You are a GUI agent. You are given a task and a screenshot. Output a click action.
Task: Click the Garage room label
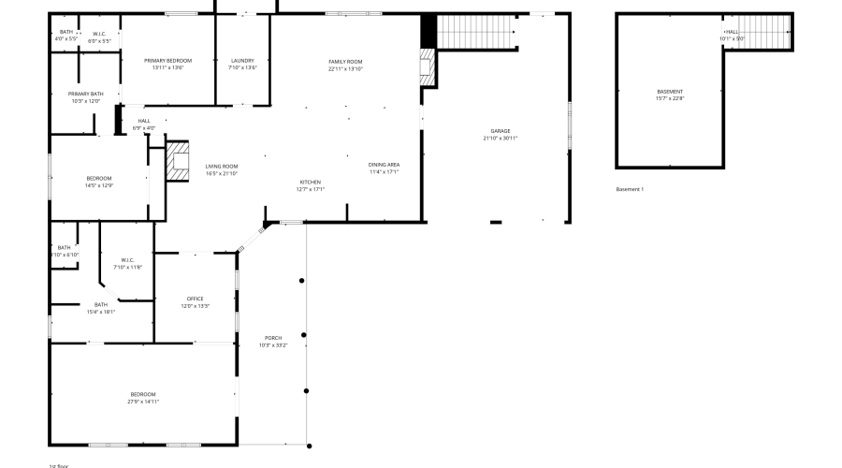pos(500,131)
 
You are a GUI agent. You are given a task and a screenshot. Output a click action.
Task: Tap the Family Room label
pos(345,62)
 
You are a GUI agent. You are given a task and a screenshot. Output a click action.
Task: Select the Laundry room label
pos(242,61)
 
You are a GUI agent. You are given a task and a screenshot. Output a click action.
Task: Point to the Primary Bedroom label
pos(167,61)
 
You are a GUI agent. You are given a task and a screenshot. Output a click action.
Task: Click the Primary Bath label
pos(85,94)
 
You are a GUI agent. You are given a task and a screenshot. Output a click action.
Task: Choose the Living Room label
pos(222,166)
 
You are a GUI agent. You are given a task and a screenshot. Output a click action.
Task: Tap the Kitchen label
pos(311,182)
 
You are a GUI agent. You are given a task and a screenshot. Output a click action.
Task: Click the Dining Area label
pos(384,165)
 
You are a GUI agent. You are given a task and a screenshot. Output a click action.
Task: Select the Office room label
pos(195,299)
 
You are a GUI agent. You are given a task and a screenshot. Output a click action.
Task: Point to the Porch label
pos(273,338)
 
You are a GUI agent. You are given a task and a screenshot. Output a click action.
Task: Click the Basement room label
pos(670,91)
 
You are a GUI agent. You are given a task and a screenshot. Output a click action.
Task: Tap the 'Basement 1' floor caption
pos(630,189)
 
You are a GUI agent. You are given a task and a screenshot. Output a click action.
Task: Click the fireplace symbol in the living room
pos(178,161)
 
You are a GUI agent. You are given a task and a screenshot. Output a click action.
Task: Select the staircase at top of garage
pos(477,33)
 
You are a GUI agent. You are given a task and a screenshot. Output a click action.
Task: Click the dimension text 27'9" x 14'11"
pos(143,402)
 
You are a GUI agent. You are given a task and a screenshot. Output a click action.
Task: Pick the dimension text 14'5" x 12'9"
pos(99,185)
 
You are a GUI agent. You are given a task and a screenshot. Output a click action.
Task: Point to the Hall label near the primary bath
pos(144,121)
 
